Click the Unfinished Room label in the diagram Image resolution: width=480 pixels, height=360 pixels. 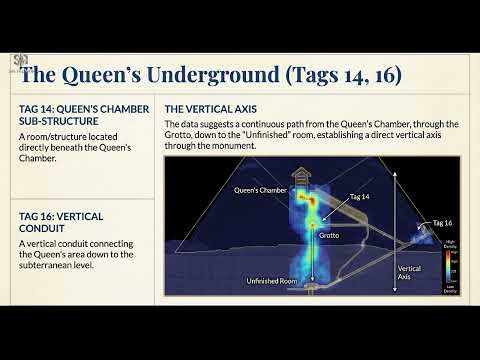point(272,283)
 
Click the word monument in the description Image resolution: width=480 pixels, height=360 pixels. point(235,146)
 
